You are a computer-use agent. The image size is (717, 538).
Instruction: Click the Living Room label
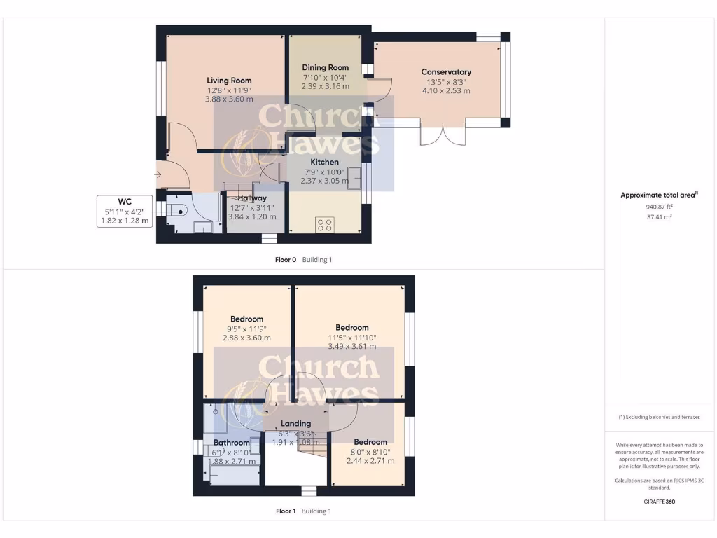tap(229, 81)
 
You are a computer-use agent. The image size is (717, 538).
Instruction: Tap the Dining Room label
tap(325, 68)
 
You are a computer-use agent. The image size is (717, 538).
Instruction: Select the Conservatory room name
tap(446, 72)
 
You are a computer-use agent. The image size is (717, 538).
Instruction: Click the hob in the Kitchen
tap(326, 225)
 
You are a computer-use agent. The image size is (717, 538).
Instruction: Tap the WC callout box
tap(125, 211)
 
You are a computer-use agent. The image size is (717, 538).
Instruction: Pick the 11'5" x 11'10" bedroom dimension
tap(351, 338)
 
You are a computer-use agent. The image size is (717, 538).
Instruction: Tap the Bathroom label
tap(232, 443)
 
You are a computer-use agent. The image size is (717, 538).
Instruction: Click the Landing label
tap(296, 424)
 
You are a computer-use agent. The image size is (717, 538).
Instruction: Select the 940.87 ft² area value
tap(660, 207)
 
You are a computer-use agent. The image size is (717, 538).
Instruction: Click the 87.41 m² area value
tap(660, 217)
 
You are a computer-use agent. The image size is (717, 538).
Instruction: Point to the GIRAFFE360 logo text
tap(660, 502)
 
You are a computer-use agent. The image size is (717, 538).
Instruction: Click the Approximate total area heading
tap(659, 195)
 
